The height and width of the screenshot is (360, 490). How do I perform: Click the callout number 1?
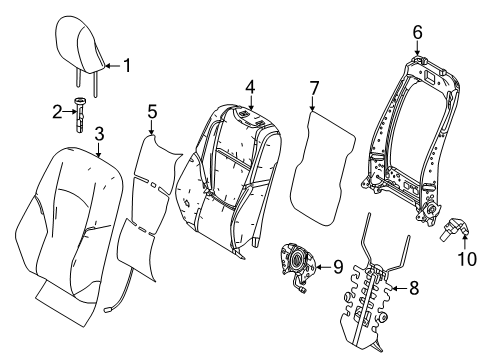[x=127, y=66]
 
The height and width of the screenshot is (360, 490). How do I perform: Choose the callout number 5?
[x=152, y=113]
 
